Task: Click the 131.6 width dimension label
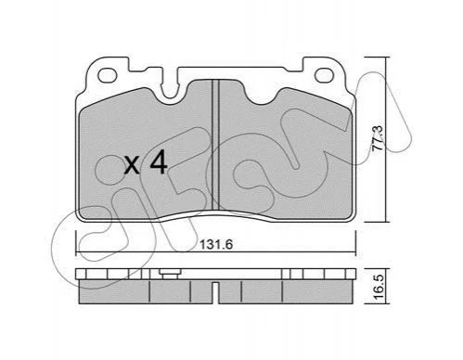click(x=216, y=245)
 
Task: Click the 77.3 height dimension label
click(x=378, y=138)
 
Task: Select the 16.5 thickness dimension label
click(x=378, y=288)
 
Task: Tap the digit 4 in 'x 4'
click(x=158, y=164)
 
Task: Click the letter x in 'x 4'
click(x=132, y=166)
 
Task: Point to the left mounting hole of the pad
click(x=108, y=76)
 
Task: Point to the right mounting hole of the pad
click(x=324, y=76)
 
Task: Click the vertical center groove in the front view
click(x=215, y=145)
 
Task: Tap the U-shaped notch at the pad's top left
click(x=170, y=88)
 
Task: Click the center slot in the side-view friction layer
click(x=216, y=292)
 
